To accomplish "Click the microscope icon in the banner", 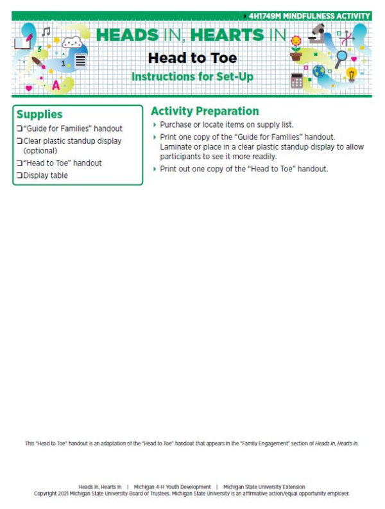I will tap(317, 31).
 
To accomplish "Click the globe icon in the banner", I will tap(319, 71).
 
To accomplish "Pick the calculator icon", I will tap(296, 80).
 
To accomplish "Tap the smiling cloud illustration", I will tap(73, 44).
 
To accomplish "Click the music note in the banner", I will tap(46, 31).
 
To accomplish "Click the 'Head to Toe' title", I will tap(192, 58).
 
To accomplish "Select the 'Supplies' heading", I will tap(39, 114).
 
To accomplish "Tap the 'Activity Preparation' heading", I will tap(205, 111).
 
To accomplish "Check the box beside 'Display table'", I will tap(19, 175).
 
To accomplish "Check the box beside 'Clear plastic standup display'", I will tap(19, 141).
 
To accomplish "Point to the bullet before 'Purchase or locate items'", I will tap(155, 125).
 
